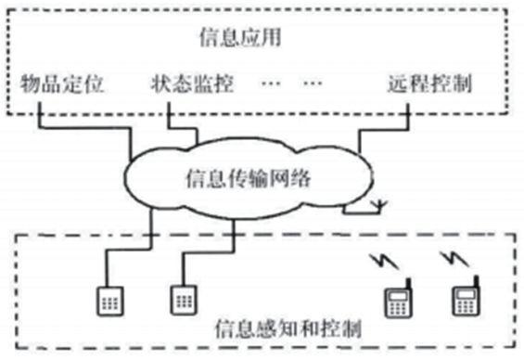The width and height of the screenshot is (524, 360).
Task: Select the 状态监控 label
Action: pyautogui.click(x=191, y=85)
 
